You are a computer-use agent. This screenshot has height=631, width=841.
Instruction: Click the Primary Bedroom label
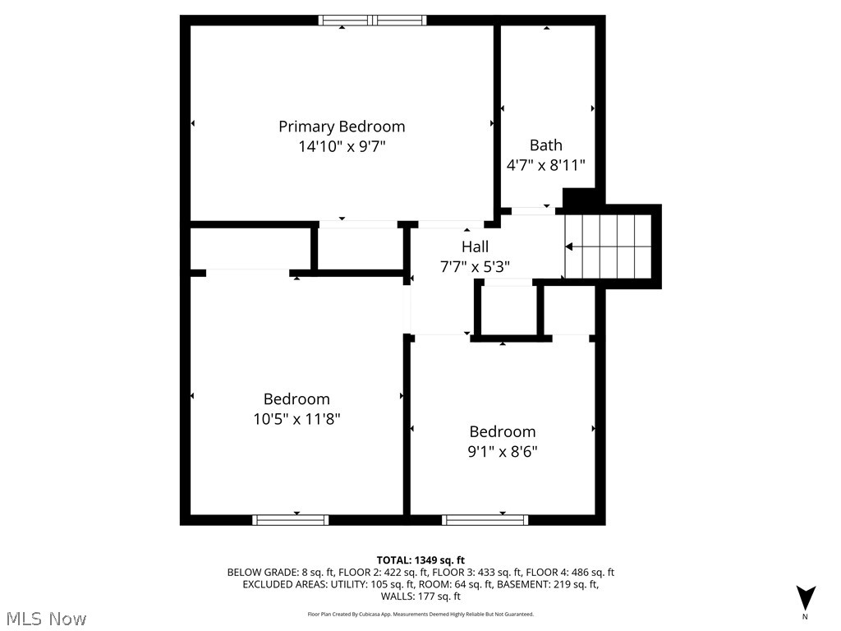pos(342,127)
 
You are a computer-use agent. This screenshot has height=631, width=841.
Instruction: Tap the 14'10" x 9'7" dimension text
pos(342,147)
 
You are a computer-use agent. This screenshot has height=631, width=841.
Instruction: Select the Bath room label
pos(546,145)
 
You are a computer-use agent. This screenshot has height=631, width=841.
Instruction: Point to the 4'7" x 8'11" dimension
pos(546,165)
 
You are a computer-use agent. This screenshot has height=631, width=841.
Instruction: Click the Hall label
pos(475,246)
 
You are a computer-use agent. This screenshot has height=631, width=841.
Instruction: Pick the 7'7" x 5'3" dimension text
pos(475,266)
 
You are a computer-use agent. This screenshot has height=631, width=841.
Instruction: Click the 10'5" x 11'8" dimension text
pos(296,419)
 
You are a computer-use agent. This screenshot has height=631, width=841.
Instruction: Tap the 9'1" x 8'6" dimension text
pos(503,451)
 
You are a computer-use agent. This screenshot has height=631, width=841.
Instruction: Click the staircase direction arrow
pos(568,246)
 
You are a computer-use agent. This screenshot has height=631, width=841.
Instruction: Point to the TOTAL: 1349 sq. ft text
pos(420,560)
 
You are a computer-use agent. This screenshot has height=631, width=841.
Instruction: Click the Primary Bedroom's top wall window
pos(373,21)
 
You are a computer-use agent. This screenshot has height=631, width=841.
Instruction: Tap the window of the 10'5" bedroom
pos(291,519)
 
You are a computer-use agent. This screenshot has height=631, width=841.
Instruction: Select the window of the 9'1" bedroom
pos(485,519)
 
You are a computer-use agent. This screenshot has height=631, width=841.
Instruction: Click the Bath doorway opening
pos(532,211)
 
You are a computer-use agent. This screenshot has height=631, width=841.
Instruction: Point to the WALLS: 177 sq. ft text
pos(420,596)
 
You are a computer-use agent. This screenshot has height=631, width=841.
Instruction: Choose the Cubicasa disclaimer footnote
pos(420,614)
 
